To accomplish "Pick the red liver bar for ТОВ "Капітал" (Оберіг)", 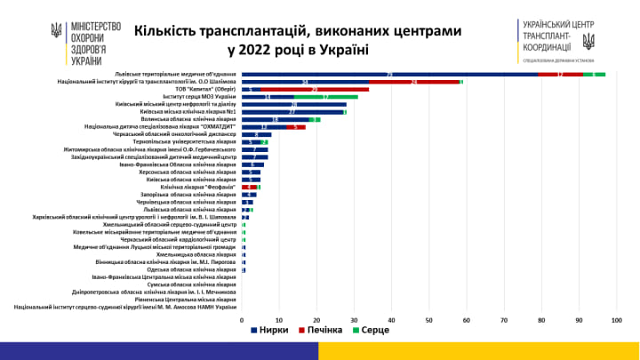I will click(x=315, y=90).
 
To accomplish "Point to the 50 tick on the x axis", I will click(x=429, y=319).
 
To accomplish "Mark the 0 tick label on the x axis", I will click(x=243, y=319).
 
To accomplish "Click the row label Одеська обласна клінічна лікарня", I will click(x=191, y=269).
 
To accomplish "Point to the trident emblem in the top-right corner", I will click(x=588, y=40).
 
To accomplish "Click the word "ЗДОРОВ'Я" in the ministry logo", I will click(x=85, y=48).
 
